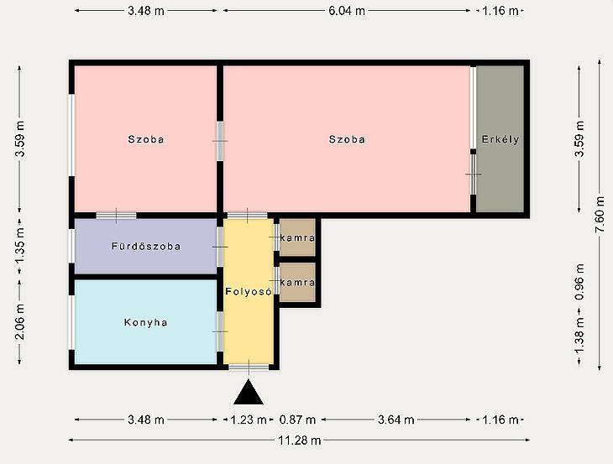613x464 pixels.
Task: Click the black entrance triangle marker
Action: click(249, 393)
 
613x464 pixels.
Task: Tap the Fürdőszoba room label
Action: click(146, 247)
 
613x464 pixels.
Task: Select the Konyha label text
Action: click(146, 322)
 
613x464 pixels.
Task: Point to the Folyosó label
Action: click(249, 291)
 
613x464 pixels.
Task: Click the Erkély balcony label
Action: click(500, 139)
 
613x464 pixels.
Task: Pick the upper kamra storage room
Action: click(297, 237)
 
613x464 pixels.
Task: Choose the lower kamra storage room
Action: click(297, 282)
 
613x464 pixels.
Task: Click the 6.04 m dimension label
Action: click(347, 11)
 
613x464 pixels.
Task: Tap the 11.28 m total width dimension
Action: click(300, 441)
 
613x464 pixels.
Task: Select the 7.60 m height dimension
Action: click(600, 215)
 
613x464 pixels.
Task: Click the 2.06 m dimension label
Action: click(20, 322)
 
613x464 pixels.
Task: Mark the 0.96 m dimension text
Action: click(579, 282)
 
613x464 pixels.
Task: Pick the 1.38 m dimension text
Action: click(579, 335)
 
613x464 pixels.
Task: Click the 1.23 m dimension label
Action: click(249, 420)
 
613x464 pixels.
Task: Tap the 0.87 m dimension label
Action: click(297, 420)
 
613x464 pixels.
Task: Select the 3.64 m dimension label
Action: click(396, 420)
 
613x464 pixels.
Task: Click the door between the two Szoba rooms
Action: click(220, 141)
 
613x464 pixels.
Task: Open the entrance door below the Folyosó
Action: click(249, 367)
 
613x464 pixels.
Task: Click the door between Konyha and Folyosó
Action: click(220, 331)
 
